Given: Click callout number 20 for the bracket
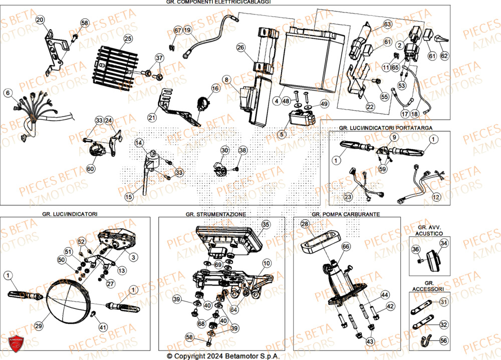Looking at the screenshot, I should click(x=40, y=20).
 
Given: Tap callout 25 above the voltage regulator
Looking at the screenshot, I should click(x=128, y=38).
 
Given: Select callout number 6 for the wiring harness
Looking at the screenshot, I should click(x=8, y=93).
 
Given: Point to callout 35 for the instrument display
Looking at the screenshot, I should click(x=266, y=225).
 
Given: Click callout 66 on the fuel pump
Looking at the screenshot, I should click(x=345, y=247).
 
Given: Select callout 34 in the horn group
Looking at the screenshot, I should click(x=443, y=243).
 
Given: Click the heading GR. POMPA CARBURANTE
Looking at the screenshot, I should click(x=346, y=214).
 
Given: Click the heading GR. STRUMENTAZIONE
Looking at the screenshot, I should click(x=215, y=214).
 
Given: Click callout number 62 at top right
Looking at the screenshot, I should click(x=444, y=56).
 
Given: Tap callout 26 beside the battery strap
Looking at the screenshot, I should click(x=240, y=48).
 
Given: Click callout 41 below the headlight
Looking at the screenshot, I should click(x=103, y=327).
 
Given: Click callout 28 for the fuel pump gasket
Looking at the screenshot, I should click(x=304, y=225).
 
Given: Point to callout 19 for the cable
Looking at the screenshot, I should click(x=187, y=31).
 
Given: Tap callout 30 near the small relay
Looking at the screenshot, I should click(x=224, y=150).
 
